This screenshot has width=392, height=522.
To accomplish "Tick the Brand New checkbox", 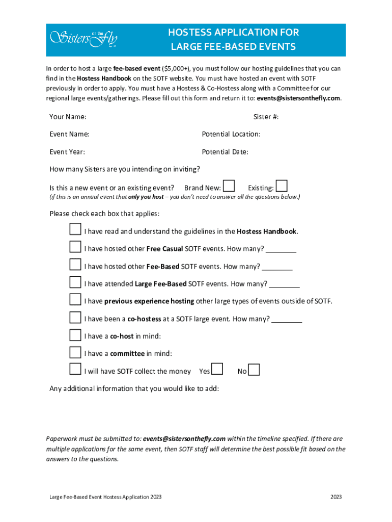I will point(230,187).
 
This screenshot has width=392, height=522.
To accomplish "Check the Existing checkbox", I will point(282,187).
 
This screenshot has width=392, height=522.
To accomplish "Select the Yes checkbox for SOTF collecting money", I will point(217,370).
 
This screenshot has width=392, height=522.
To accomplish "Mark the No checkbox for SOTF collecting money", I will point(254,370).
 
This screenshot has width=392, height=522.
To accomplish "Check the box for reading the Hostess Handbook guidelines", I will point(75,229).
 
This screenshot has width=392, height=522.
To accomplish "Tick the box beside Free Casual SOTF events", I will point(75,247).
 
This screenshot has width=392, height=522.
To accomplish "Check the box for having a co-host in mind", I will point(75,335).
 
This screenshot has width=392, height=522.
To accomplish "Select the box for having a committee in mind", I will point(75,352).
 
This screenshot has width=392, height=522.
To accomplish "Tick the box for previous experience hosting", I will point(75,299).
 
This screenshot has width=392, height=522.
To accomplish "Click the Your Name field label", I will point(68,117).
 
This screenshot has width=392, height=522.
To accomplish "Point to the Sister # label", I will point(266,117).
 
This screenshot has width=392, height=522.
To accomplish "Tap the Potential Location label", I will point(231,135).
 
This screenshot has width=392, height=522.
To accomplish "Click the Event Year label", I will point(67,152).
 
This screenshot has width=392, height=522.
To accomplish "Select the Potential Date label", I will point(225,152).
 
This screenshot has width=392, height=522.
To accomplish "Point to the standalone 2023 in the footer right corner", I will point(336,497).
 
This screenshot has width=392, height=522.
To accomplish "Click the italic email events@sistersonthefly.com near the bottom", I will point(184,439).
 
